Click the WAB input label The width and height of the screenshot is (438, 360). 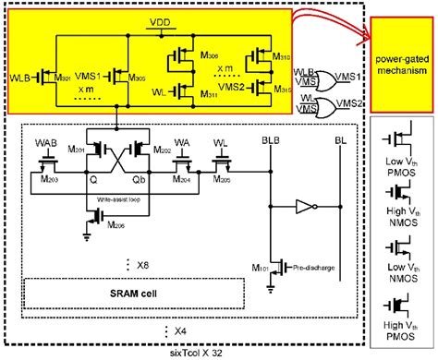click(44, 142)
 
